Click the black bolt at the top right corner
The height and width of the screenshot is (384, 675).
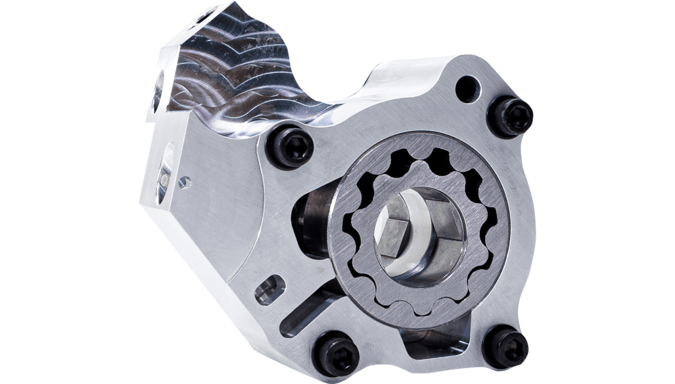(x=509, y=117)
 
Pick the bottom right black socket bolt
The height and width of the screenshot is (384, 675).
(x=505, y=346)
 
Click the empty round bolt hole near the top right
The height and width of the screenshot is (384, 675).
(x=468, y=89)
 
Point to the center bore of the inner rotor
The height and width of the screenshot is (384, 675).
(x=409, y=234)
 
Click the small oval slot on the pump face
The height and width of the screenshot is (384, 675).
(x=269, y=290)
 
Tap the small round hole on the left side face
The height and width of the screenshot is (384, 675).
(x=185, y=182)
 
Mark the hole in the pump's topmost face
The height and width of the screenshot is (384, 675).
(x=206, y=14)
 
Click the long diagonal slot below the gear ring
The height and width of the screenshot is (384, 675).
(x=307, y=314)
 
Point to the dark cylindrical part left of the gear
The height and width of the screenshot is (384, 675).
(x=310, y=218)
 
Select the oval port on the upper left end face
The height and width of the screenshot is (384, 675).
(x=157, y=90)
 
